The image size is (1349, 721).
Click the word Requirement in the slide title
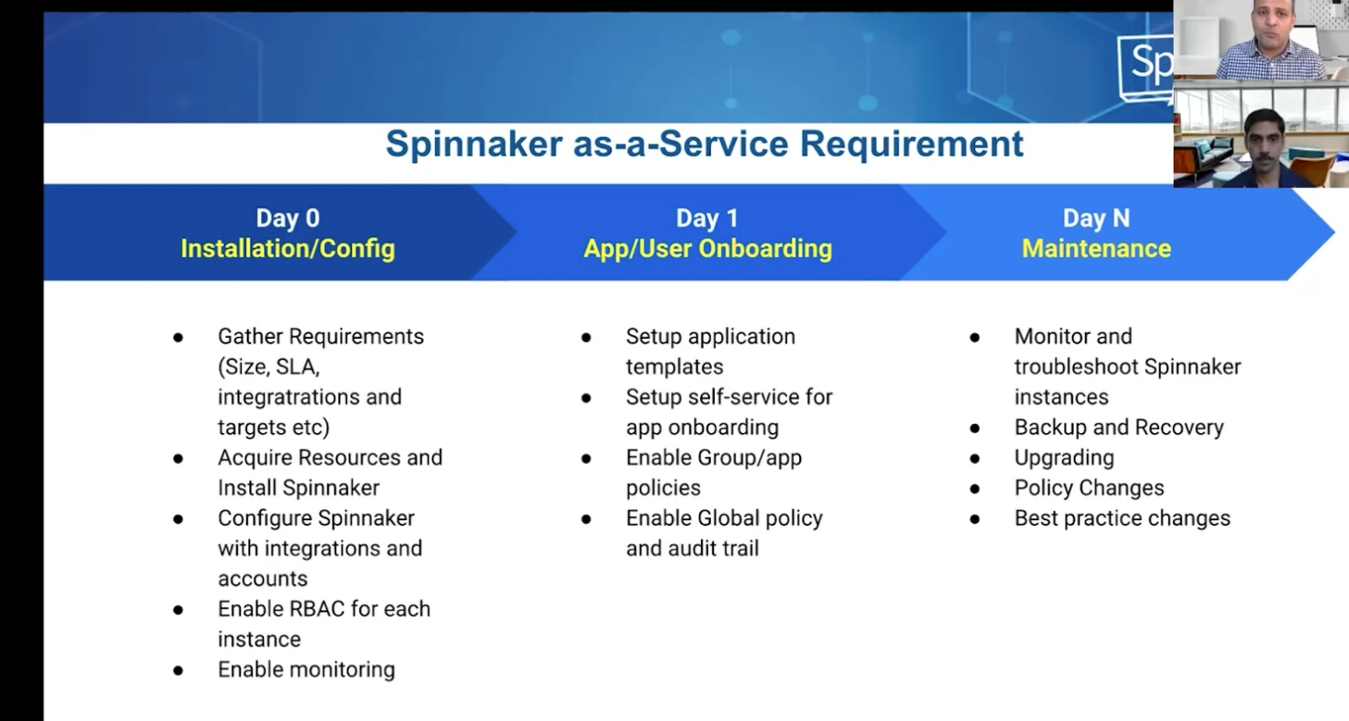pyautogui.click(x=911, y=144)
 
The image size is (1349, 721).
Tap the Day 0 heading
pyautogui.click(x=288, y=218)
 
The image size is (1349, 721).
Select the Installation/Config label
pyautogui.click(x=288, y=249)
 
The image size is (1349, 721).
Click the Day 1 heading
pyautogui.click(x=707, y=218)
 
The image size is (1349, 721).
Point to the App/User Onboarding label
pyautogui.click(x=707, y=249)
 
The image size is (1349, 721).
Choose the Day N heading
pyautogui.click(x=1096, y=218)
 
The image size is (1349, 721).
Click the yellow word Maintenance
pyautogui.click(x=1096, y=249)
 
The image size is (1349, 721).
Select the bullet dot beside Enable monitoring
pyautogui.click(x=179, y=670)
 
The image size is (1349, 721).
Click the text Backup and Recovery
pyautogui.click(x=1119, y=428)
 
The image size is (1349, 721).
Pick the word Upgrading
pyautogui.click(x=1064, y=458)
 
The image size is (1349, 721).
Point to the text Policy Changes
pyautogui.click(x=1089, y=488)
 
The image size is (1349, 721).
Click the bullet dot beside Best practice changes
pyautogui.click(x=975, y=519)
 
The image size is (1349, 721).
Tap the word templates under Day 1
pyautogui.click(x=674, y=367)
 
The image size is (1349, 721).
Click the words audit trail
pyautogui.click(x=716, y=548)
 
